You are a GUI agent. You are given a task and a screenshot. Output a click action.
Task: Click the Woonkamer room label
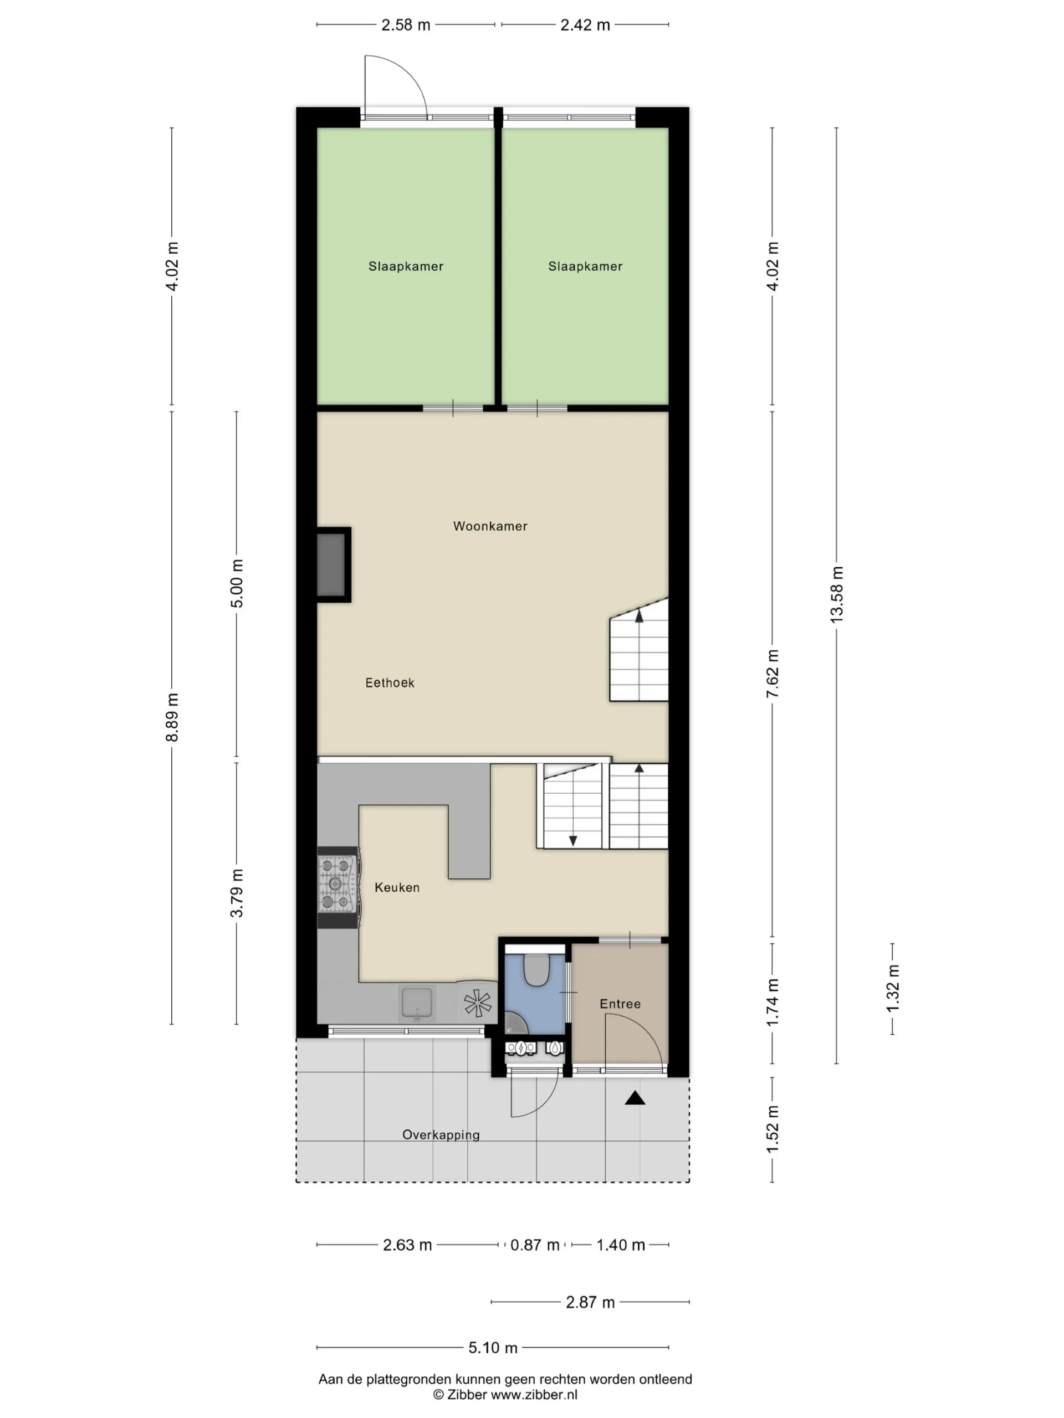[x=490, y=526]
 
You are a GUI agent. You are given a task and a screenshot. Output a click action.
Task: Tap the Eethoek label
[x=390, y=683]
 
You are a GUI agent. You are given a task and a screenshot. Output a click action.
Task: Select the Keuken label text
[x=397, y=887]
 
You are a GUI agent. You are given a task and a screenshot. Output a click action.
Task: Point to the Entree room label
[x=620, y=1004]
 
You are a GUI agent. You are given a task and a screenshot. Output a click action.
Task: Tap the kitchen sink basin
[x=417, y=1003]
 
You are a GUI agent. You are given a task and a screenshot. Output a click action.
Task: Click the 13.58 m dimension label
[x=836, y=594]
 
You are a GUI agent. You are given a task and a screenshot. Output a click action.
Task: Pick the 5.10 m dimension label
[x=493, y=1348]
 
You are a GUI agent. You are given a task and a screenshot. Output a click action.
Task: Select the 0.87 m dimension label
[x=535, y=1245]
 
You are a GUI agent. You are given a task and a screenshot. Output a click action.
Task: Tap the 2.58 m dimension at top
[x=406, y=25]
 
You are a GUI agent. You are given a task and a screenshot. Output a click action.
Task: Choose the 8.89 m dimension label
[x=172, y=717]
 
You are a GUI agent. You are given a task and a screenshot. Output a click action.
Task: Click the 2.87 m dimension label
[x=590, y=1302]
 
